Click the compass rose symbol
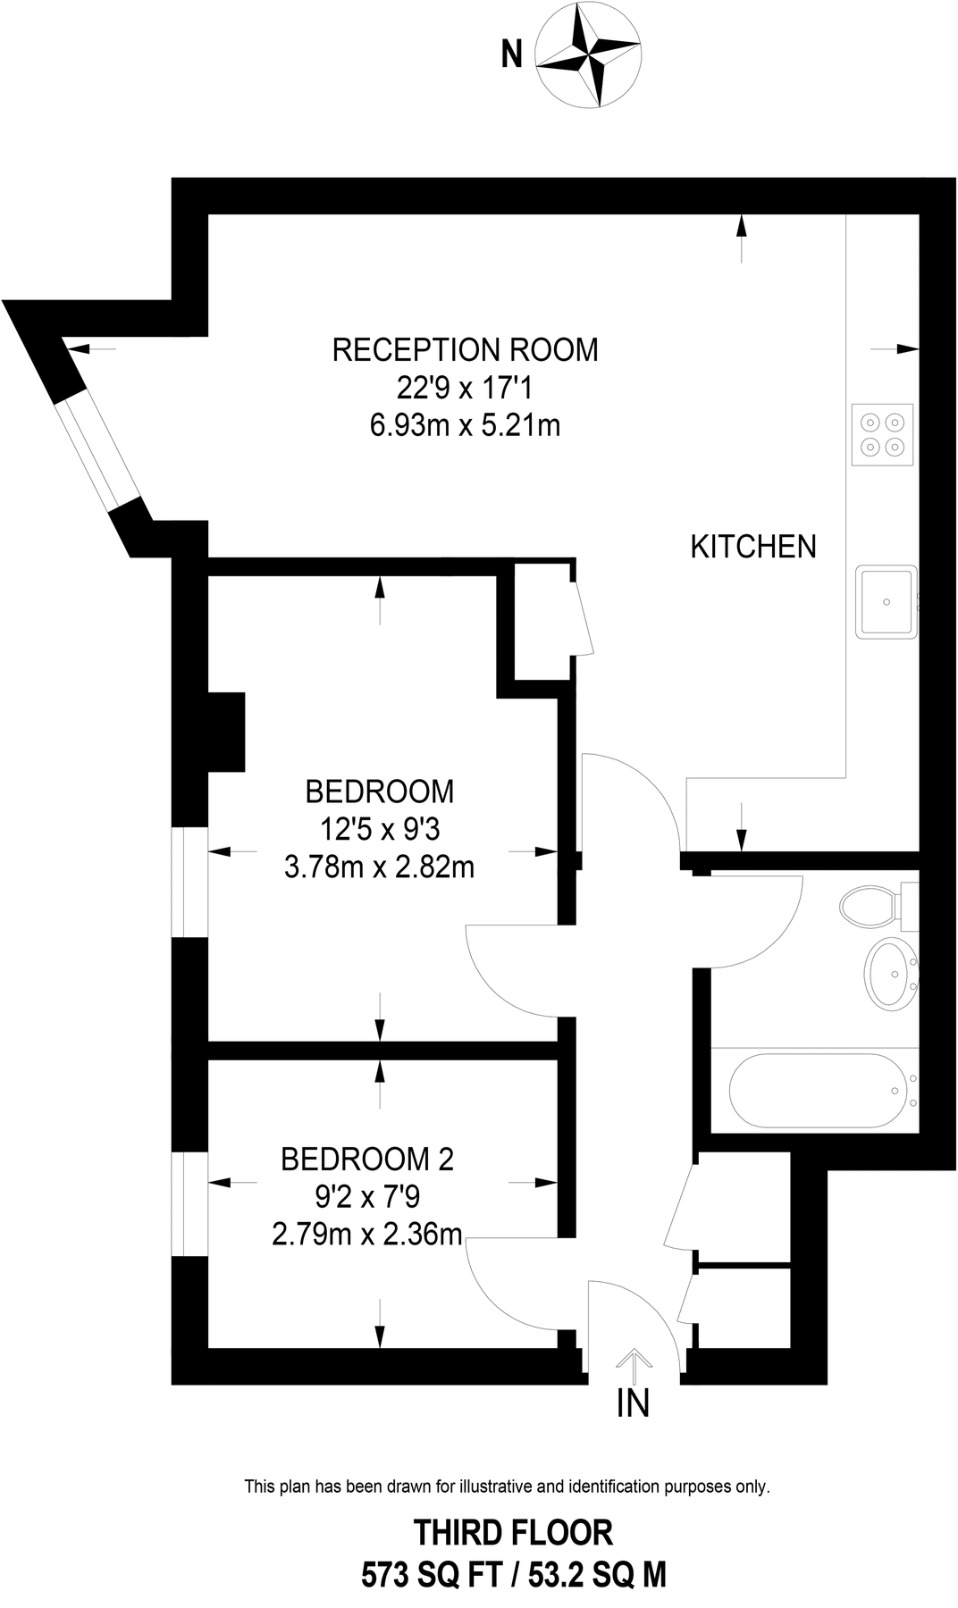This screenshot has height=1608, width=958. (x=587, y=55)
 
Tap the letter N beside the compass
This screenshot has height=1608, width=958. (x=511, y=55)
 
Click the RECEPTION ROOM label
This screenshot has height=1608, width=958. (x=465, y=349)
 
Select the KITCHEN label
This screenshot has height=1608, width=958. (x=753, y=547)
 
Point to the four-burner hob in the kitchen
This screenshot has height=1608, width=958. (x=883, y=434)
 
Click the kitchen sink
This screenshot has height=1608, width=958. (x=887, y=601)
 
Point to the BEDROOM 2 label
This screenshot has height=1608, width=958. (x=367, y=1160)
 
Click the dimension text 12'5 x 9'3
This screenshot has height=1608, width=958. (x=381, y=830)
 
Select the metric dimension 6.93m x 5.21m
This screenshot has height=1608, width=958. (x=465, y=425)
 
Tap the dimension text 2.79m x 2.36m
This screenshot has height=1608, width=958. (x=367, y=1235)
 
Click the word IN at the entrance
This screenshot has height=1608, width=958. (x=633, y=1403)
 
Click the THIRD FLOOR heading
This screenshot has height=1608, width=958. (x=513, y=1533)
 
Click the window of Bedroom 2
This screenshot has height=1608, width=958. (x=189, y=1203)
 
